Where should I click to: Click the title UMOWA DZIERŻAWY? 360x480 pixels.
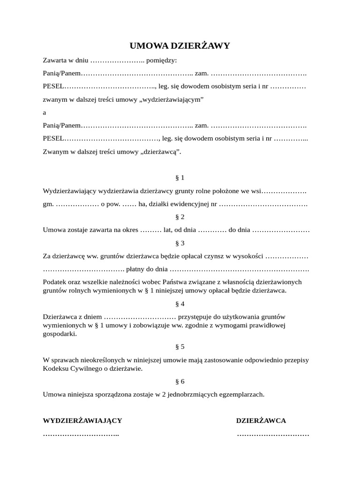180,45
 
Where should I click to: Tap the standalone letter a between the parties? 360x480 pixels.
45,112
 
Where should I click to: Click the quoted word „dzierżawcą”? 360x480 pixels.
162,151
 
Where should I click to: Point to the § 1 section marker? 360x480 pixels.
180,178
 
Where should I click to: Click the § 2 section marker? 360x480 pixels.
180,217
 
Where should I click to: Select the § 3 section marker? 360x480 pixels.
180,243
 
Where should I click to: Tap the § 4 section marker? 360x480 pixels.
180,304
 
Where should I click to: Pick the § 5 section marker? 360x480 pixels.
180,347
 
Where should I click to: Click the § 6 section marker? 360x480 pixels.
180,381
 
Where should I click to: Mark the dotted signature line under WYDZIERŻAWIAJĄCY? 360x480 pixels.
81,435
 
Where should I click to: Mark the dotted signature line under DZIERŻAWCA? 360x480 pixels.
273,435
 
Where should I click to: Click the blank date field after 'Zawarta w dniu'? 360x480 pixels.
117,60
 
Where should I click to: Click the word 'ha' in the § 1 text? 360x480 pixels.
142,204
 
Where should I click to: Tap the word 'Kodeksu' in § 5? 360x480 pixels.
55,368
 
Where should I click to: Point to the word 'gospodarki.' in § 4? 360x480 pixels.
60,334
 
